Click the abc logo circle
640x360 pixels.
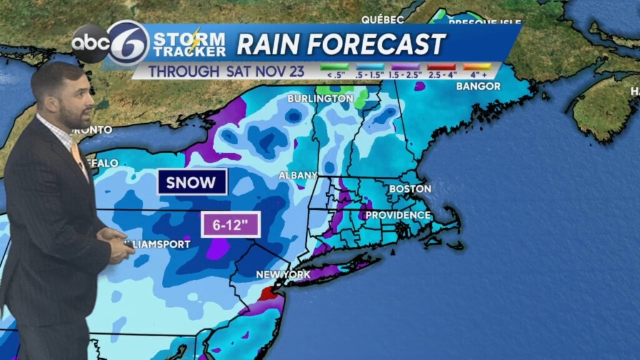click(x=90, y=44)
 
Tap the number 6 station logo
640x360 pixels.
click(x=127, y=43)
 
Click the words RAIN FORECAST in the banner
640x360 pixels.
click(x=341, y=44)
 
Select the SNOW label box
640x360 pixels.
click(x=192, y=182)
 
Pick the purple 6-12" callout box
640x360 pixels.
click(x=230, y=225)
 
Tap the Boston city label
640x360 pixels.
click(x=410, y=188)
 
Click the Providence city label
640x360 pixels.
click(x=398, y=215)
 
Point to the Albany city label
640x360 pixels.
click(x=297, y=175)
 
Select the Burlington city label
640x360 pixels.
click(x=320, y=99)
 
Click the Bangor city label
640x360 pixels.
click(x=478, y=86)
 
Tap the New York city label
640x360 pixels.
click(x=283, y=274)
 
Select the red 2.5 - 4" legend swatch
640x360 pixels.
click(x=441, y=66)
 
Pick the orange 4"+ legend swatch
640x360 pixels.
click(x=477, y=66)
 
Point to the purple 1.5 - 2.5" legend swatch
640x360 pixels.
click(x=406, y=66)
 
